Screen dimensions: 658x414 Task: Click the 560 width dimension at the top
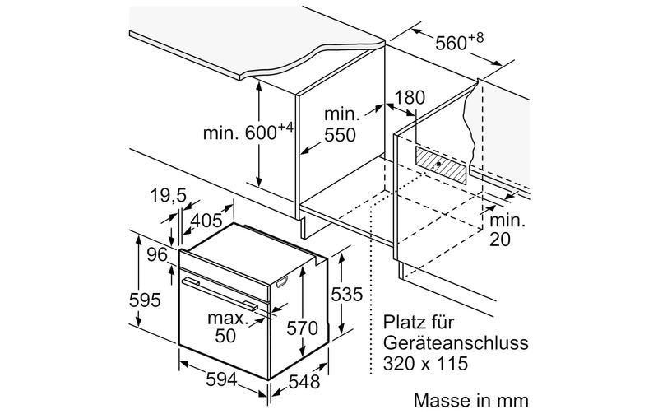click(x=459, y=42)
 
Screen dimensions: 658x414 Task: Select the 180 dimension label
click(x=409, y=97)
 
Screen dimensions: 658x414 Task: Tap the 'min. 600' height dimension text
click(x=248, y=132)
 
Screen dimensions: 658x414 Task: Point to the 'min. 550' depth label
click(x=340, y=124)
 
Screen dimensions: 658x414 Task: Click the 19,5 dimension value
click(x=169, y=195)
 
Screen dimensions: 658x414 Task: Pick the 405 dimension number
click(x=206, y=221)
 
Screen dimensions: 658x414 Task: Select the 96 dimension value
click(x=157, y=254)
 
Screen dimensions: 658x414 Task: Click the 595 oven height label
click(x=145, y=300)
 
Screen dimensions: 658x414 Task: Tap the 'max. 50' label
click(x=228, y=327)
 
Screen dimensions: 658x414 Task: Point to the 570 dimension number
click(x=302, y=328)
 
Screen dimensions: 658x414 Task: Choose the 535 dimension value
click(x=346, y=295)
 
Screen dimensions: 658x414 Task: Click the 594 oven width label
click(x=221, y=379)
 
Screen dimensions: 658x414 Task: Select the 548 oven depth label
click(x=304, y=382)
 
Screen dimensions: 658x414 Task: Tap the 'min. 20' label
click(x=507, y=230)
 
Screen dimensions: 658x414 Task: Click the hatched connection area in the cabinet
click(x=441, y=165)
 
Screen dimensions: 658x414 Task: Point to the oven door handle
click(x=220, y=294)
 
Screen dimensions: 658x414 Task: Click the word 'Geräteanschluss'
click(x=456, y=343)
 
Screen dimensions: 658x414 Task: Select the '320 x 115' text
click(x=425, y=363)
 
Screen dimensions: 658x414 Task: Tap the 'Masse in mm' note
click(x=470, y=400)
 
